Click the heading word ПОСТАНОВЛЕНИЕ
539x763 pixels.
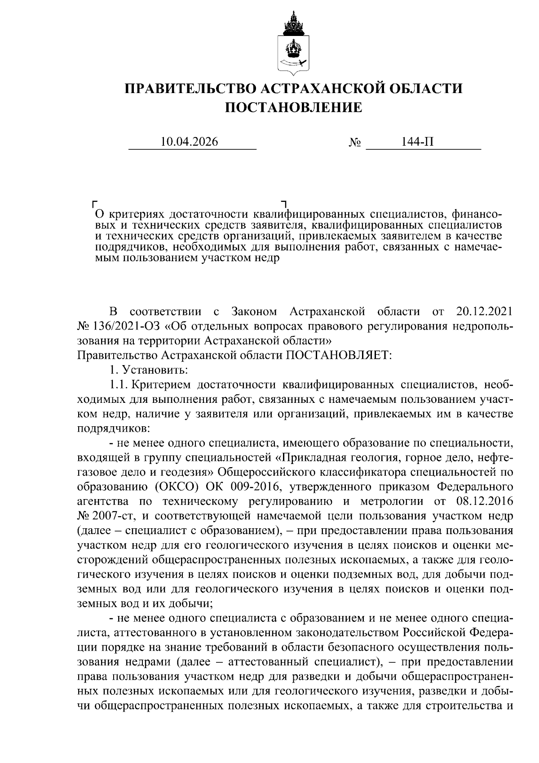pyautogui.click(x=293, y=107)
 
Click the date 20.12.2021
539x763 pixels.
pyautogui.click(x=484, y=311)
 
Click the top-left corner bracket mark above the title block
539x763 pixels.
pyautogui.click(x=94, y=204)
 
